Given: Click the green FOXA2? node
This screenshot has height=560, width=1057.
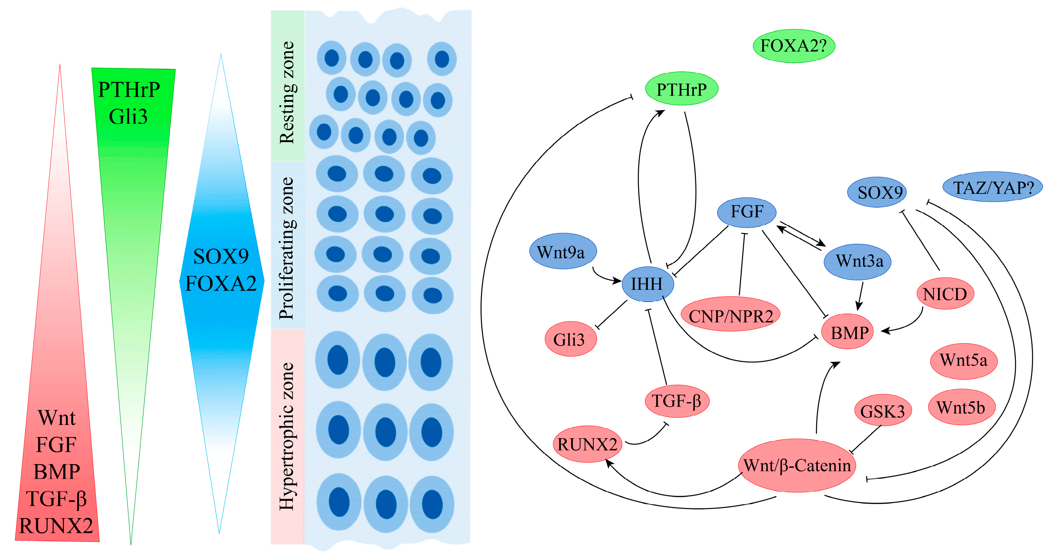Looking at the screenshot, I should [793, 46].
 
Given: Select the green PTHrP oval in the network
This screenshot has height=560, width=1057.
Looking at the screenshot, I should [681, 89].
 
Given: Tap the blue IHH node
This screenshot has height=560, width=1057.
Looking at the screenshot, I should [647, 284].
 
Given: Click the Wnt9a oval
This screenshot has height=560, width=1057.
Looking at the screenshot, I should [562, 252].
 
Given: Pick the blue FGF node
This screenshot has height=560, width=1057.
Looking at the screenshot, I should [746, 212].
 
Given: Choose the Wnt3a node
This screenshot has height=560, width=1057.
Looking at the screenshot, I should [857, 261].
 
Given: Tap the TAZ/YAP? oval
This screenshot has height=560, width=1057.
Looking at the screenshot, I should [992, 187].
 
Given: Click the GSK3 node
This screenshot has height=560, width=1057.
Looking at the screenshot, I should [883, 411].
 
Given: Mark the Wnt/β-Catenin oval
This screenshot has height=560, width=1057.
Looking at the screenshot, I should [797, 465].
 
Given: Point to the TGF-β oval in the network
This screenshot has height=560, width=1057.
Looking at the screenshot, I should [677, 401].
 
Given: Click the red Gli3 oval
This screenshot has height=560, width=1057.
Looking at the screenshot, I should [570, 339].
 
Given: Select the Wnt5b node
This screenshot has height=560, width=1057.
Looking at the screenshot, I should [961, 407].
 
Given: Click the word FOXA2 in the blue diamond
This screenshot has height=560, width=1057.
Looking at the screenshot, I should [221, 284].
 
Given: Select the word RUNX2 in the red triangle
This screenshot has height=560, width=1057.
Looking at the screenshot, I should [56, 526].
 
